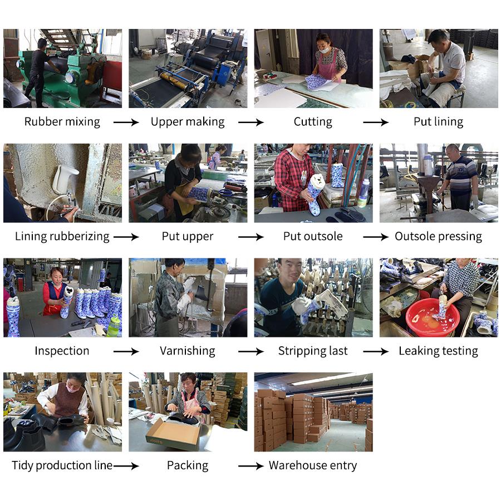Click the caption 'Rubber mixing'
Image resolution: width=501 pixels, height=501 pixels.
(62, 122)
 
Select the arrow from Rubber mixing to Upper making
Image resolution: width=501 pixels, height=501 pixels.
(126, 122)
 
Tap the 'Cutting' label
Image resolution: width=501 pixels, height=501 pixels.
(313, 122)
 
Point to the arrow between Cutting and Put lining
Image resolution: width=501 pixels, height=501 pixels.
(376, 122)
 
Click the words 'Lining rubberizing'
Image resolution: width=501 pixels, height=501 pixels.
(62, 237)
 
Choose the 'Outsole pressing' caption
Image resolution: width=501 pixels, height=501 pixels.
(439, 237)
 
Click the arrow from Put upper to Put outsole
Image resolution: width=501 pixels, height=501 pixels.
(251, 237)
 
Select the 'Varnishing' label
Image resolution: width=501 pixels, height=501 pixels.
(188, 351)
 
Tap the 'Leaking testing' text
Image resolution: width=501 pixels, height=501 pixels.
(439, 351)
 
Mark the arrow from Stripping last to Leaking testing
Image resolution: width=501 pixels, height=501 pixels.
(376, 351)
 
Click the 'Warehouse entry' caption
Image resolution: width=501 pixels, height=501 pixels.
(313, 465)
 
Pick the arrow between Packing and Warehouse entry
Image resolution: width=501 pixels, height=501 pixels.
(251, 466)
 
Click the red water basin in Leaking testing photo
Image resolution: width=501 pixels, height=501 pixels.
(433, 317)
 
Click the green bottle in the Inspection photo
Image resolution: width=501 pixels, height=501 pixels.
(113, 325)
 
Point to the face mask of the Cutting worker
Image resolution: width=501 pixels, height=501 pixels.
(324, 50)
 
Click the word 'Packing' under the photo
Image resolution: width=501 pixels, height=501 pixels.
(188, 465)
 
